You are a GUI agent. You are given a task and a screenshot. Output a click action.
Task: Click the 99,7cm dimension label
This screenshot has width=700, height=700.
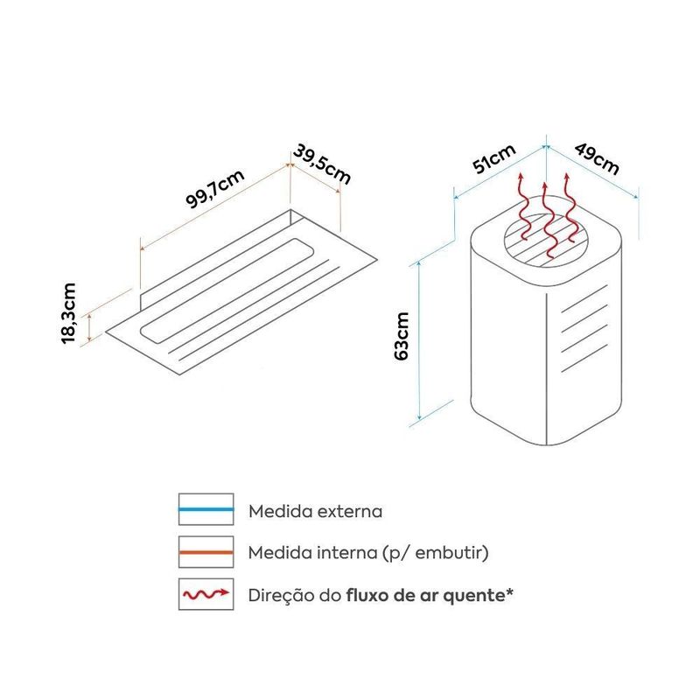click(x=214, y=188)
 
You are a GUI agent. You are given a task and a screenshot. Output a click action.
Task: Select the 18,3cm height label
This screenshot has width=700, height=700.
click(x=71, y=313)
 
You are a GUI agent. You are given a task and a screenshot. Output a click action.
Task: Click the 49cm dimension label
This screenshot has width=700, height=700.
click(x=597, y=157)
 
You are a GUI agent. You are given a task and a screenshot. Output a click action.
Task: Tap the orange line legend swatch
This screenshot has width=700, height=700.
click(x=206, y=553)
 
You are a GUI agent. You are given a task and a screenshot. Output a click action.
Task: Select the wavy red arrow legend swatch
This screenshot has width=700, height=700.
click(x=206, y=595)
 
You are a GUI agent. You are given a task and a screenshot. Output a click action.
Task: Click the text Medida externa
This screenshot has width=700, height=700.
click(x=315, y=510)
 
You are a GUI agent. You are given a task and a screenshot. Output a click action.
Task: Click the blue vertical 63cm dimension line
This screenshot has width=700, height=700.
click(x=422, y=341)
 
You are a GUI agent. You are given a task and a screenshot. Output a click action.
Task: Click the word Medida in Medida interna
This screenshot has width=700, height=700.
click(x=276, y=553)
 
